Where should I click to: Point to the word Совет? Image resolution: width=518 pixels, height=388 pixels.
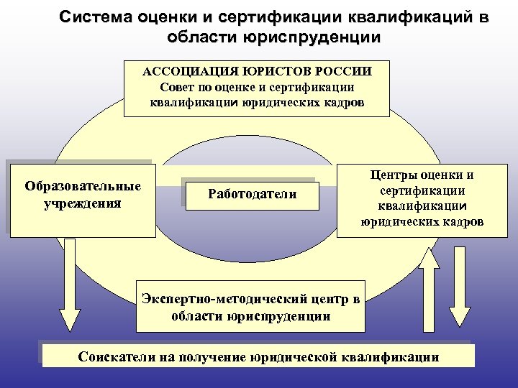[x=176, y=87]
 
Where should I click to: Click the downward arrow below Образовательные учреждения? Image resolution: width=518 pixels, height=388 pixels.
[x=70, y=284]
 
